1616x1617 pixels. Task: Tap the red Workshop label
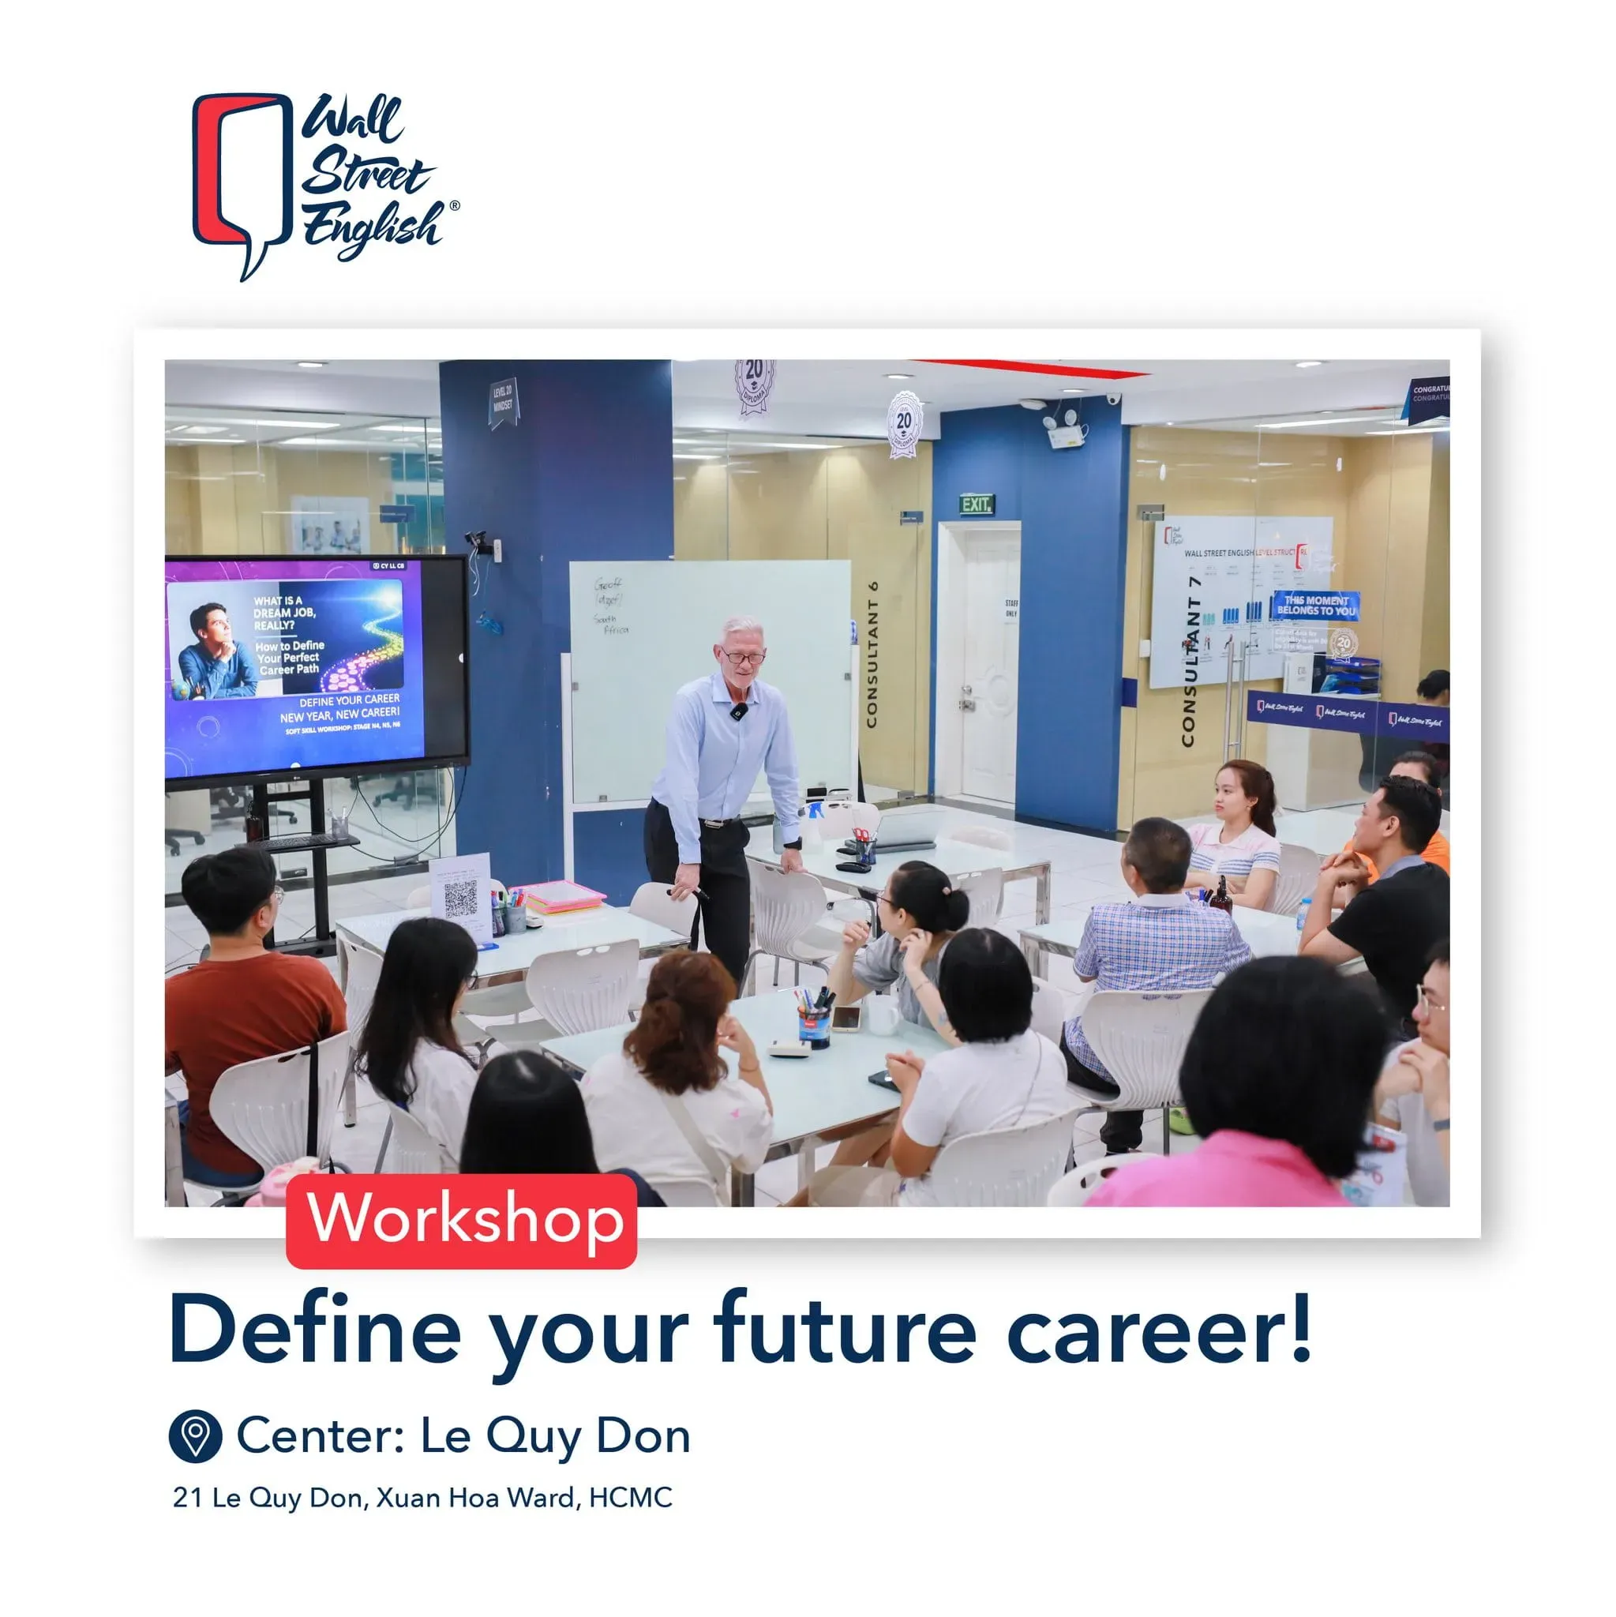[x=461, y=1219]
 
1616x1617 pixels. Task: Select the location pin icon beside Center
[x=195, y=1436]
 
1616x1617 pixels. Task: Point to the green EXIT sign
[x=976, y=504]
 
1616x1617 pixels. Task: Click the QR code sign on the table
[x=459, y=897]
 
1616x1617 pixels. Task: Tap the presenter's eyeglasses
[x=742, y=657]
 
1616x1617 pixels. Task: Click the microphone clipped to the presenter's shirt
[x=737, y=711]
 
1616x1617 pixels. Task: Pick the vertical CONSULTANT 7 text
[x=1190, y=661]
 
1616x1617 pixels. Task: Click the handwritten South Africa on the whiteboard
[x=611, y=624]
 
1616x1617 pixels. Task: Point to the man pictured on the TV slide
[x=214, y=652]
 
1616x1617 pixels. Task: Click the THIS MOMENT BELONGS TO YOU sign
[x=1315, y=605]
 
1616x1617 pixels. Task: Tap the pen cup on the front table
[x=813, y=1023]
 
